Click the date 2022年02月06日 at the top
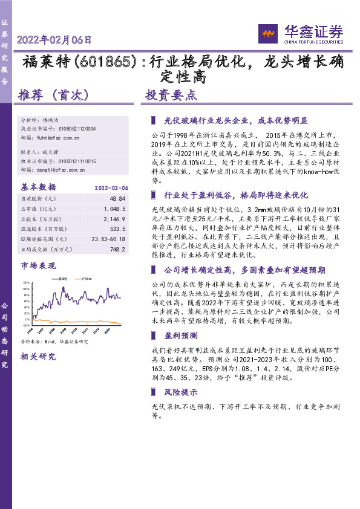point(55,41)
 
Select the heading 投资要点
point(171,95)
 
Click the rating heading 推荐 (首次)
point(54,95)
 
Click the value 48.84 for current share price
point(117,198)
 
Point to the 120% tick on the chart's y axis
point(25,282)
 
